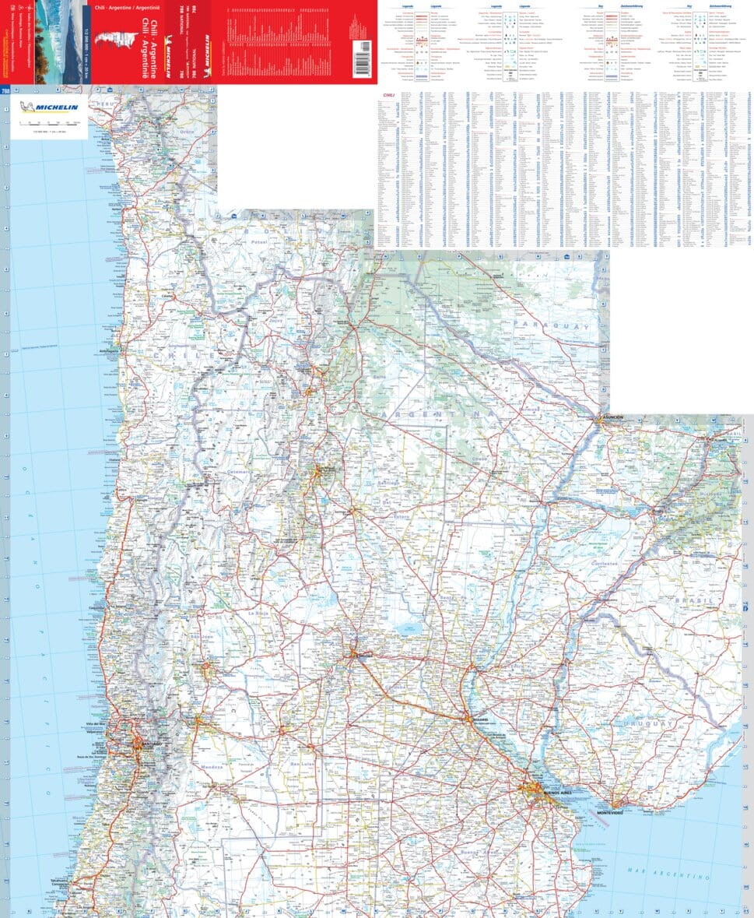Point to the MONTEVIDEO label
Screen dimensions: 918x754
[610, 813]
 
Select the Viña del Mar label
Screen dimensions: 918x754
[107, 725]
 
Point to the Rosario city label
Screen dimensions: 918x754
[479, 719]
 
